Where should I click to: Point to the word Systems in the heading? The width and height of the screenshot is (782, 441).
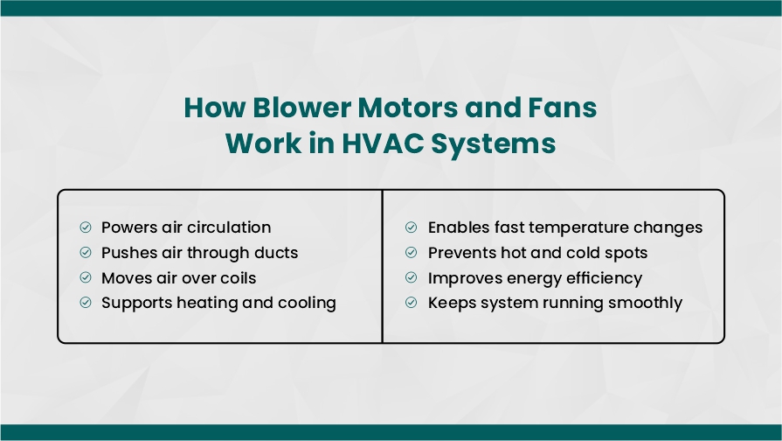point(494,143)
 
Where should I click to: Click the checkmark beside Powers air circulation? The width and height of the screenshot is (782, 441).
point(86,227)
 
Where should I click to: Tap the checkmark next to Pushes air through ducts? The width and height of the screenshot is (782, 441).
point(86,252)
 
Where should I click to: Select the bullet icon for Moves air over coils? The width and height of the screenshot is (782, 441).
point(86,277)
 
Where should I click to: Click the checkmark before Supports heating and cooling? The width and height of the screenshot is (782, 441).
point(86,302)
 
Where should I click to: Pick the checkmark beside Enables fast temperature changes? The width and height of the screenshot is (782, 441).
point(411,227)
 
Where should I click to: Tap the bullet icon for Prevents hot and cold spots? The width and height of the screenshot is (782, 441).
point(411,252)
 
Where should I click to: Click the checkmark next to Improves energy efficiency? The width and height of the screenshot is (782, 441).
point(411,277)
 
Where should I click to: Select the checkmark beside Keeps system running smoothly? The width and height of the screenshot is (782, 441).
point(411,302)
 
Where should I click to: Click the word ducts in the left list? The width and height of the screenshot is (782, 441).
point(276,253)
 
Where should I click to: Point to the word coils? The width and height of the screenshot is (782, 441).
point(238,277)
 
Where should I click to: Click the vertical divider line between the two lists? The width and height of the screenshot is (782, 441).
point(383,266)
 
